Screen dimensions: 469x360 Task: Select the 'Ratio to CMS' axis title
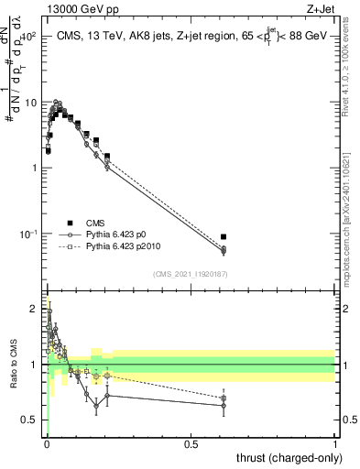[x=14, y=365]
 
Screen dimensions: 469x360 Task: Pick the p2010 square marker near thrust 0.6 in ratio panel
[x=224, y=398]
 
